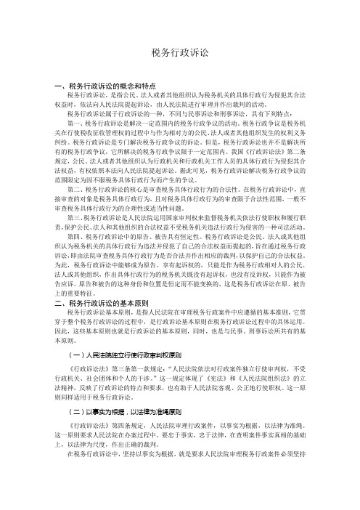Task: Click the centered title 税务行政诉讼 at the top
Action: pyautogui.click(x=180, y=53)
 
